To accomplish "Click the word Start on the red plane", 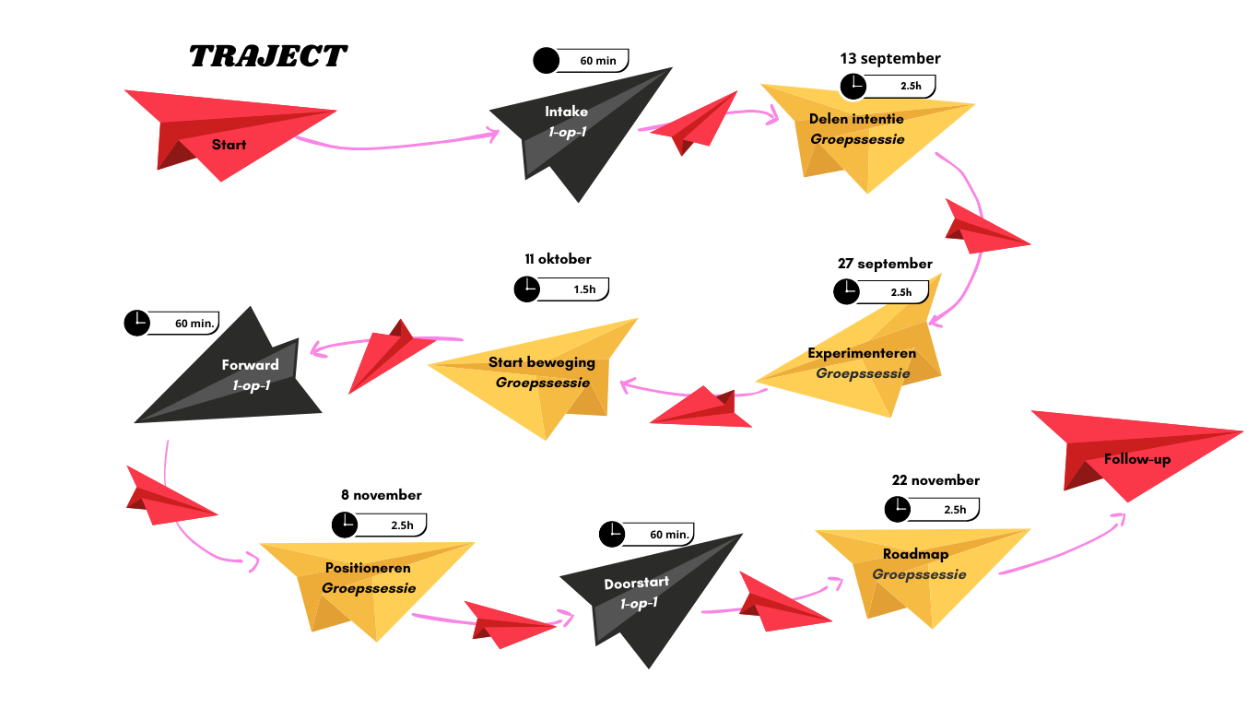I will [229, 145].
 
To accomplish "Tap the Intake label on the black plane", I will [566, 112].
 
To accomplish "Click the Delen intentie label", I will [856, 119].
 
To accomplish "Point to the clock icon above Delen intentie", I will [853, 86].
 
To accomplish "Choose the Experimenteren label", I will [862, 353].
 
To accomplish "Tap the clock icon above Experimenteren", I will [845, 292].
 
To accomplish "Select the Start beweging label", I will [542, 362].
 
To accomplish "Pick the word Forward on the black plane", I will [250, 365].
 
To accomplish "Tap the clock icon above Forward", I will [136, 323].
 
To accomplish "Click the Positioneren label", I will [369, 568].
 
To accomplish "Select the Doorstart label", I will [637, 584].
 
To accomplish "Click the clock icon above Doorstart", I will [611, 534].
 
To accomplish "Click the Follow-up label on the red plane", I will [1137, 459].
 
